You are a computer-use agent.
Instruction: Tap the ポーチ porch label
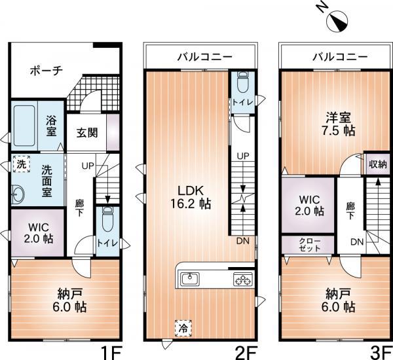(x=46, y=71)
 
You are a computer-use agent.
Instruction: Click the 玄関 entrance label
(x=87, y=133)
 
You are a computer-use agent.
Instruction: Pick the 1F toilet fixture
(x=107, y=219)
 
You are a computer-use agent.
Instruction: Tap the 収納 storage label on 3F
(x=375, y=164)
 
